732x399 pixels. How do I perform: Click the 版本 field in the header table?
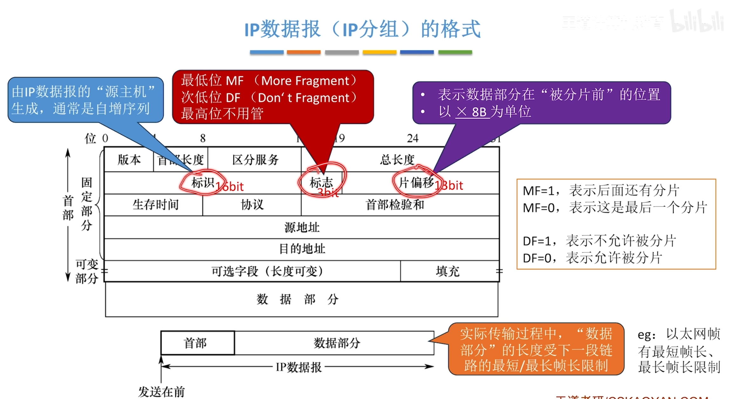coord(129,159)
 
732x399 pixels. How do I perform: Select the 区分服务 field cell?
coord(255,159)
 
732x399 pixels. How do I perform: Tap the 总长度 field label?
coord(397,159)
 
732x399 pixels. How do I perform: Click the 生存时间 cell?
coord(155,205)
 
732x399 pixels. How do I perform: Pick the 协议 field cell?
coord(252,205)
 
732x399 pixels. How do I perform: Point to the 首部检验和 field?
coord(395,205)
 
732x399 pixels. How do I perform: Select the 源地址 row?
coord(302,227)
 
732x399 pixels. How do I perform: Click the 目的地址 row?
coord(302,249)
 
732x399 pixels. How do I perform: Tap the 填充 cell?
coord(448,271)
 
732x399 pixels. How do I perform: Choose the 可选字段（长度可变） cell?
coord(267,271)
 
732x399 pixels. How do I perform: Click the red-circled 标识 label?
coord(202,183)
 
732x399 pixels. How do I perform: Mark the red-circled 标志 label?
coord(321,183)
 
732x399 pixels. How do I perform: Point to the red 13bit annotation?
coord(449,186)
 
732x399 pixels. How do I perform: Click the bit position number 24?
coord(413,138)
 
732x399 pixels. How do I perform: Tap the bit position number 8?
coord(203,138)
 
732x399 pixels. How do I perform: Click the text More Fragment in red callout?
coord(305,81)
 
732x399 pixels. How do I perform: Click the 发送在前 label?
coord(161,392)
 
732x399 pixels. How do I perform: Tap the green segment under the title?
coord(455,52)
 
